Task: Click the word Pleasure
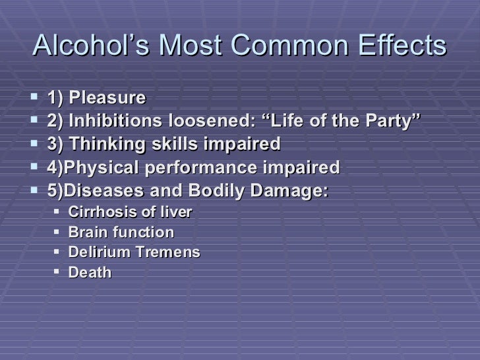107,98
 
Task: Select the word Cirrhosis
101,212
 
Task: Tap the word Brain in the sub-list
85,232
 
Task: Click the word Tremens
167,252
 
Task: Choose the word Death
90,272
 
